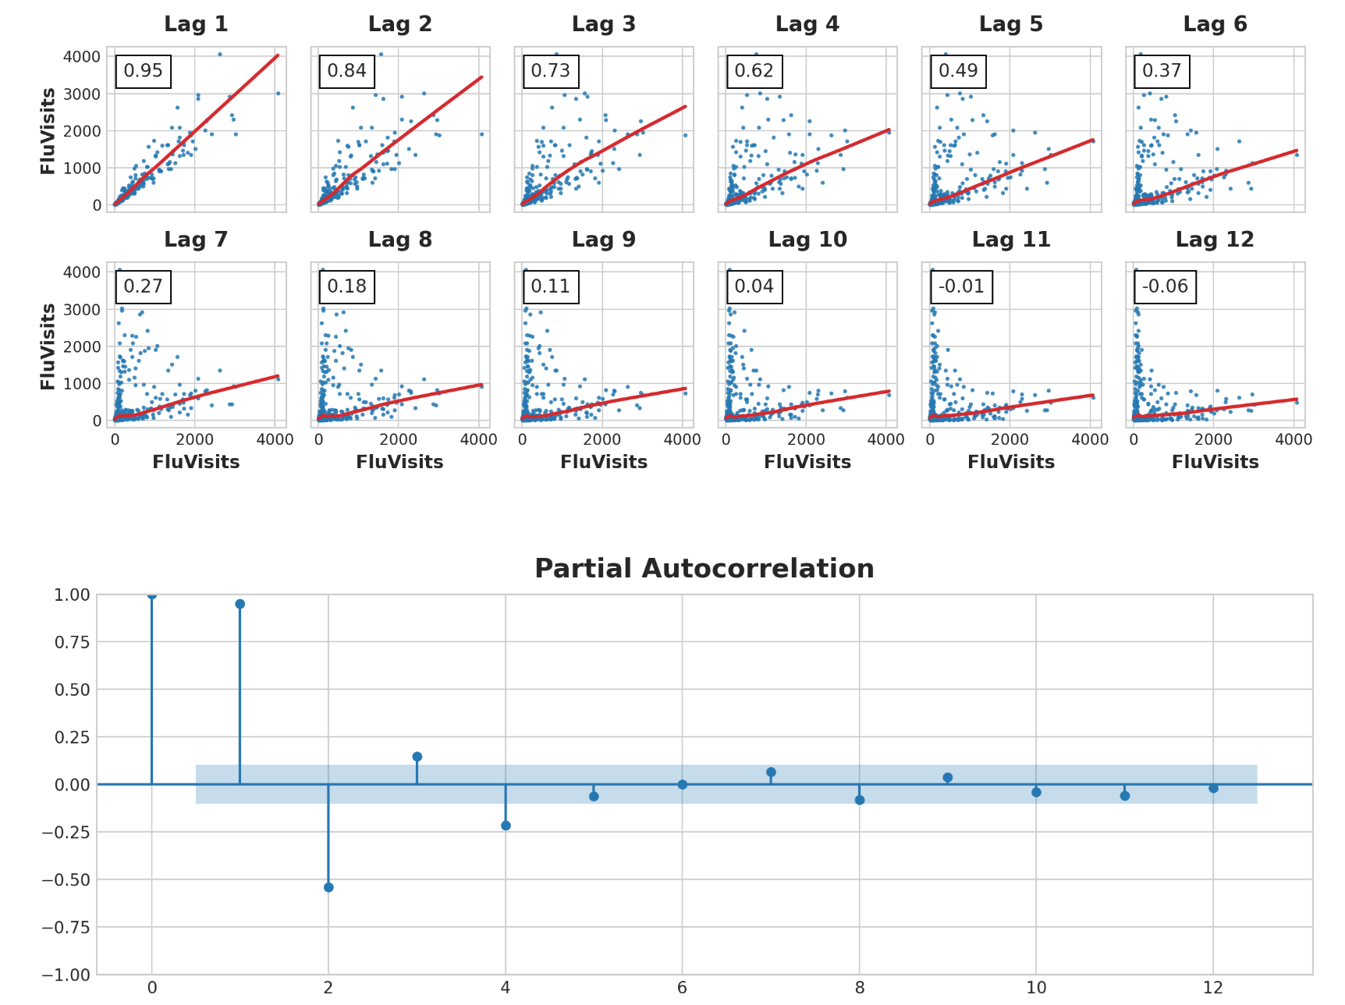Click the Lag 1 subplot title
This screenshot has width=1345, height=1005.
coord(196,24)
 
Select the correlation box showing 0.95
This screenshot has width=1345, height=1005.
coord(144,71)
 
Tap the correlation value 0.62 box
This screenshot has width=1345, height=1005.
coord(754,71)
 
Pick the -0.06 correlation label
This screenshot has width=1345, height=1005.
coord(1165,286)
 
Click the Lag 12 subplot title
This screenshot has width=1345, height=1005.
coord(1215,240)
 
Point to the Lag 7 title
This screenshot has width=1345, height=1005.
coord(196,240)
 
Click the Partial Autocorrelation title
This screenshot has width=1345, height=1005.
coord(704,569)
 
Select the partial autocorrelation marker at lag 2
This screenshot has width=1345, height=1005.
coord(328,887)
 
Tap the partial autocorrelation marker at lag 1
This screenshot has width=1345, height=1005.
coord(240,604)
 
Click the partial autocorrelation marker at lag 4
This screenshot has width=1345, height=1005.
coord(506,826)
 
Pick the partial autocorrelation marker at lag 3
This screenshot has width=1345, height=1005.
coord(417,757)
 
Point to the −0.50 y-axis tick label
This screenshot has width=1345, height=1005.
coord(66,880)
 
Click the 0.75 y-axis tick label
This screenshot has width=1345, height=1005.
coord(71,642)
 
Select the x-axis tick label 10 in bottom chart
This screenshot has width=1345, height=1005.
coord(1036,988)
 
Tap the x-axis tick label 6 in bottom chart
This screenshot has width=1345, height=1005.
coord(683,988)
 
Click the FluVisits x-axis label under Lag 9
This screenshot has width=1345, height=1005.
coord(604,463)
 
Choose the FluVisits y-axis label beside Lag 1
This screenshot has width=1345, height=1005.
coord(48,130)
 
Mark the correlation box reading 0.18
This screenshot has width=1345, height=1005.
coord(346,286)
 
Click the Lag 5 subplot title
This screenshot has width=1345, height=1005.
coord(1011,24)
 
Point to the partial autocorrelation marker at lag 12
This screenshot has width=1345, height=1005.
coord(1213,788)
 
